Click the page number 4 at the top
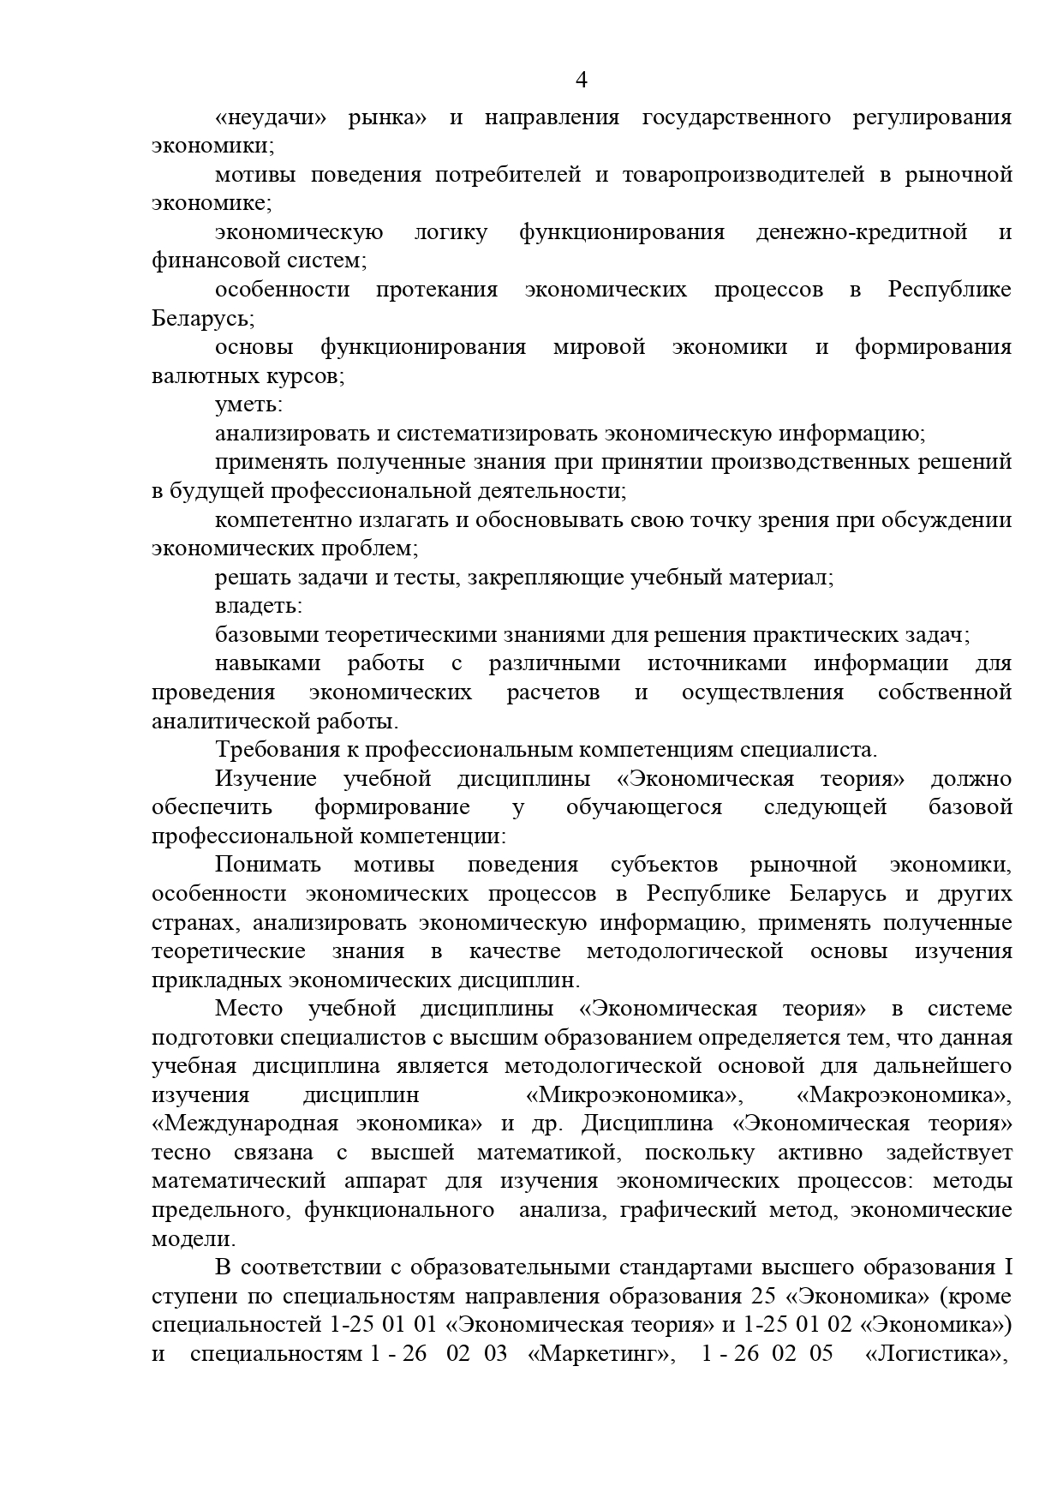coord(581,81)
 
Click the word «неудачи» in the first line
coord(271,117)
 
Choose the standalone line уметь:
coord(248,404)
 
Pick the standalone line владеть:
coord(258,606)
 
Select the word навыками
coord(267,663)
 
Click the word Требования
coord(277,750)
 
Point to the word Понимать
coord(267,865)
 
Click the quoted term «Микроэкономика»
coord(633,1095)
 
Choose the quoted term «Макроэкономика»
coord(904,1095)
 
